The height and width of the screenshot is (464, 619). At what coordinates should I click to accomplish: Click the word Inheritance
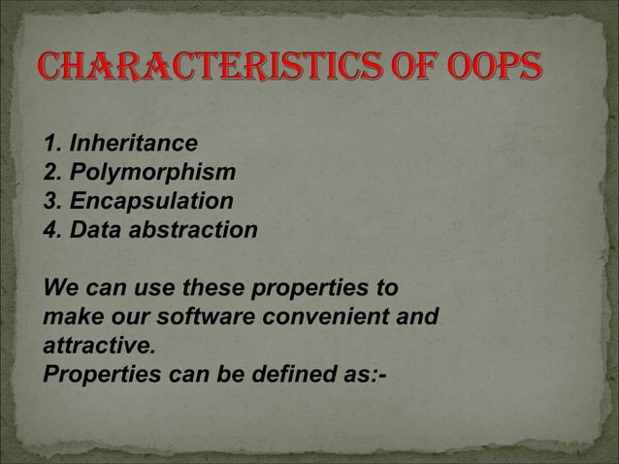(x=130, y=146)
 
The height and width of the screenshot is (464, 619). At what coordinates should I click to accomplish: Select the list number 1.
(x=50, y=146)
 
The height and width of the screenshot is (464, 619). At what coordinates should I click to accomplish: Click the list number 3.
(x=50, y=202)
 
